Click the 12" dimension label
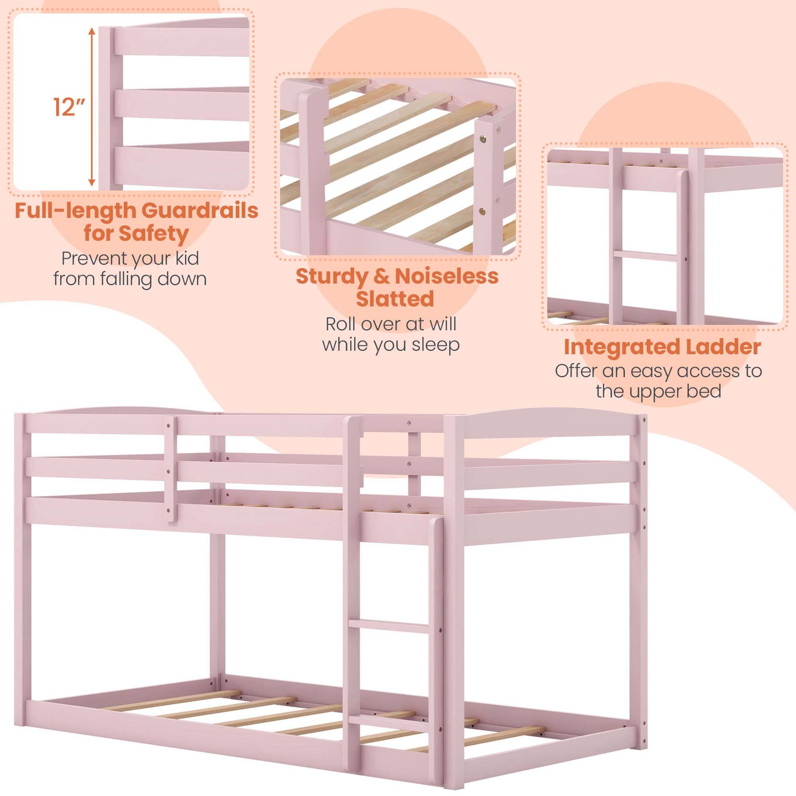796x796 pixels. click(x=69, y=107)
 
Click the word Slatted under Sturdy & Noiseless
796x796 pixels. click(x=395, y=299)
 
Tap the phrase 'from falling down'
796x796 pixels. click(x=130, y=279)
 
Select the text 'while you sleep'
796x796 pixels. click(x=390, y=344)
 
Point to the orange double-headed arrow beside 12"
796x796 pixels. click(x=92, y=107)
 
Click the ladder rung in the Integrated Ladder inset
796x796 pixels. click(x=645, y=256)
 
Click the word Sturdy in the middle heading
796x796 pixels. click(x=332, y=276)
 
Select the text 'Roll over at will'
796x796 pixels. click(x=390, y=324)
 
